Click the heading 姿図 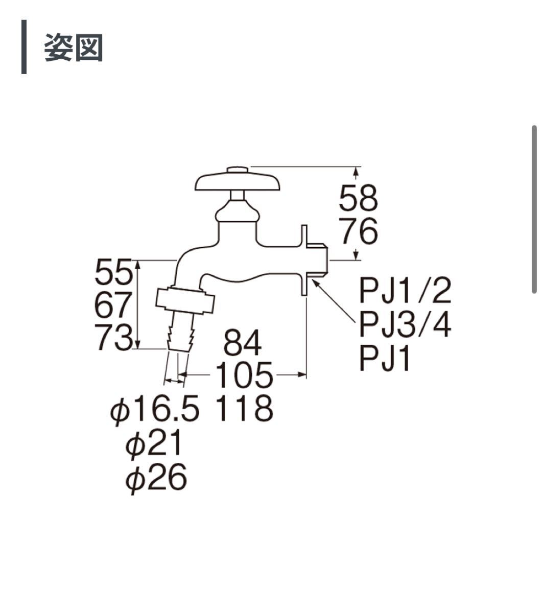coord(74,48)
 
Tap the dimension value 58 coord(359,199)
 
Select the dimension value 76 coord(359,231)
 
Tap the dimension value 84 coord(243,345)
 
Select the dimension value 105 coord(243,376)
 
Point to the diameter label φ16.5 coord(154,409)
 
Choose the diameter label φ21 coord(154,443)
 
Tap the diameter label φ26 coord(156,478)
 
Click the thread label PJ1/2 coord(406,292)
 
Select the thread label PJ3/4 coord(406,325)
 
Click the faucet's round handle coord(238,182)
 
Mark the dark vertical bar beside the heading coord(24,47)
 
